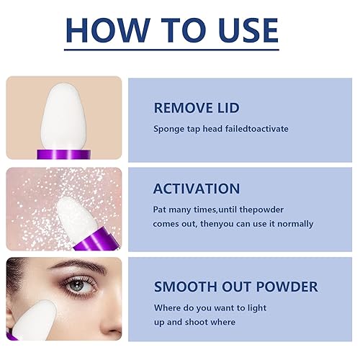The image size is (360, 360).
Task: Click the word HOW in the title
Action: [108, 30]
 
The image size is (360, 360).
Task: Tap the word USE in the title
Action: [240, 30]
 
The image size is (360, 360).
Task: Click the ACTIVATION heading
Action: [197, 189]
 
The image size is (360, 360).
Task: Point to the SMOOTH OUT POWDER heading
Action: [235, 287]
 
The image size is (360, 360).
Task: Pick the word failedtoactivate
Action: [253, 129]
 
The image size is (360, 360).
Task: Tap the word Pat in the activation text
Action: [161, 210]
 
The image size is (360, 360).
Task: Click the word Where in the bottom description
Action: [168, 308]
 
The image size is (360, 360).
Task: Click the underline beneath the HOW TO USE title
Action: [170, 50]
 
